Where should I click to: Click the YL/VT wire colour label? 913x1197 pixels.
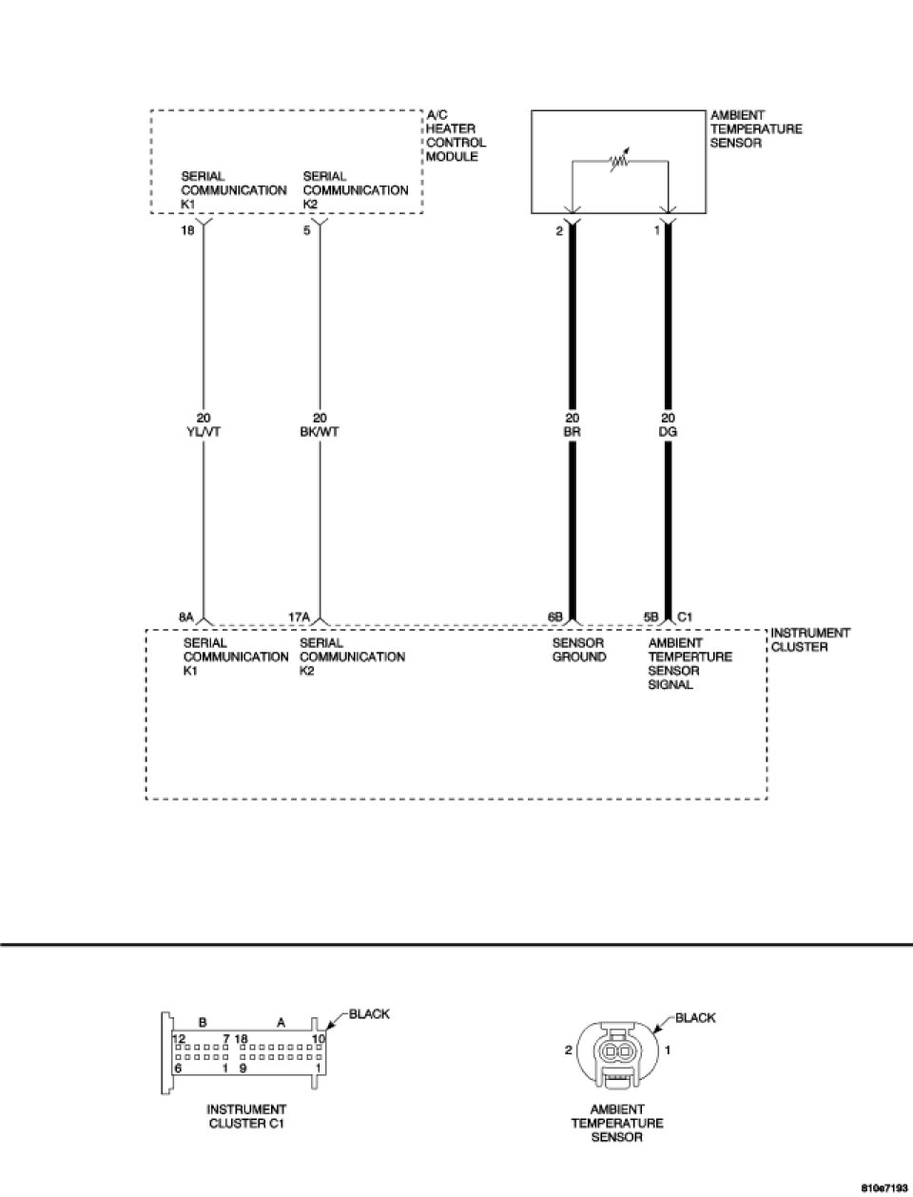click(x=204, y=431)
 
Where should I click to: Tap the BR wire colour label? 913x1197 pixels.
click(x=573, y=431)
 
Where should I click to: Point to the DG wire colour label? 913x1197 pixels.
click(x=669, y=431)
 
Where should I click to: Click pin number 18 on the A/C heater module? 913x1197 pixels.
click(x=188, y=230)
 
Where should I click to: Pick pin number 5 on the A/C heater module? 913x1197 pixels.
click(x=307, y=230)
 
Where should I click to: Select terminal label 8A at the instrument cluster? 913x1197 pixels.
click(x=186, y=618)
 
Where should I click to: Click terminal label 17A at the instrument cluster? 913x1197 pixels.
click(x=299, y=618)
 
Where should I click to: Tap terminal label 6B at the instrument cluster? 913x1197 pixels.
click(x=555, y=618)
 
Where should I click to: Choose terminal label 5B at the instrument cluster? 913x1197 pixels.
click(x=651, y=618)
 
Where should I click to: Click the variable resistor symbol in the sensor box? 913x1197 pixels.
click(x=620, y=162)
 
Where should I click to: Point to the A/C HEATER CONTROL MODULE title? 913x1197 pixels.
click(x=456, y=136)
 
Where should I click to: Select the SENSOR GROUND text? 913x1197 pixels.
click(x=578, y=650)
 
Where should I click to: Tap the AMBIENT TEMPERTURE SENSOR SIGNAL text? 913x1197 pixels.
click(x=690, y=663)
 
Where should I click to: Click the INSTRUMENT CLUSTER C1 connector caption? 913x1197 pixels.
click(x=245, y=1116)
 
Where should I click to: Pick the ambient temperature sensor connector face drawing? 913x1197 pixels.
click(x=618, y=1053)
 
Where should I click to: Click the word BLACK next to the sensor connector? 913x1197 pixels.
click(x=695, y=1018)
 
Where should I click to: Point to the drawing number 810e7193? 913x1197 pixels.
click(x=884, y=1188)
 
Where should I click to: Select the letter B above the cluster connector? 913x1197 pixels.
click(x=203, y=1022)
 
